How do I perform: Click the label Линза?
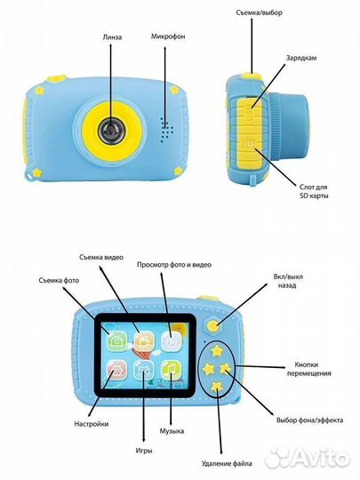click(112, 37)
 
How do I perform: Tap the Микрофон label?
click(168, 36)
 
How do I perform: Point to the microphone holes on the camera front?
click(166, 129)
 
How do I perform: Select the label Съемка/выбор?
click(259, 12)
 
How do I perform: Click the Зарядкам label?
click(301, 58)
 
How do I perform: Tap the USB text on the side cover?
click(250, 112)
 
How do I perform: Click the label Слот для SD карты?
click(314, 191)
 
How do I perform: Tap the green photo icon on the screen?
click(116, 340)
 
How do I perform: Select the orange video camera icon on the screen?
click(144, 340)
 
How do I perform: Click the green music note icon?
click(171, 370)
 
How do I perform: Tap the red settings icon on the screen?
click(116, 370)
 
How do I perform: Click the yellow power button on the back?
click(213, 325)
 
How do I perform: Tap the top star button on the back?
click(217, 349)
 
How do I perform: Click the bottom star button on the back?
click(216, 387)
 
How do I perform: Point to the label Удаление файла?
click(227, 463)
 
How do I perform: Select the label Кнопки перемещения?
click(308, 369)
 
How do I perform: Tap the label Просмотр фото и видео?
click(174, 265)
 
